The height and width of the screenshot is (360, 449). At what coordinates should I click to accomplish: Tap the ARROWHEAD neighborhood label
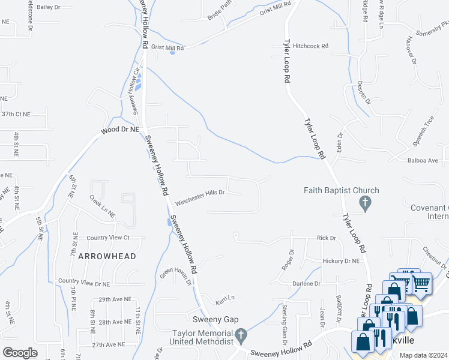tap(107, 256)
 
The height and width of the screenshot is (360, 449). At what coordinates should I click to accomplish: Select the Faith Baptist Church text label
tap(342, 191)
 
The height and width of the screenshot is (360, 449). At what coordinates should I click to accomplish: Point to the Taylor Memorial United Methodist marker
tap(241, 335)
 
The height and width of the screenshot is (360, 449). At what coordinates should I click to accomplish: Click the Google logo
tap(20, 352)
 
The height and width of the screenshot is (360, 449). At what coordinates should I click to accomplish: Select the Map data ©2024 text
tap(423, 355)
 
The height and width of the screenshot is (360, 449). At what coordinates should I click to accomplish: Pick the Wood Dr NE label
tap(120, 129)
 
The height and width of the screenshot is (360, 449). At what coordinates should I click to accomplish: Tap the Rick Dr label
tap(327, 238)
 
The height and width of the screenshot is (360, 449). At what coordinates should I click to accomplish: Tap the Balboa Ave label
tap(423, 161)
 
